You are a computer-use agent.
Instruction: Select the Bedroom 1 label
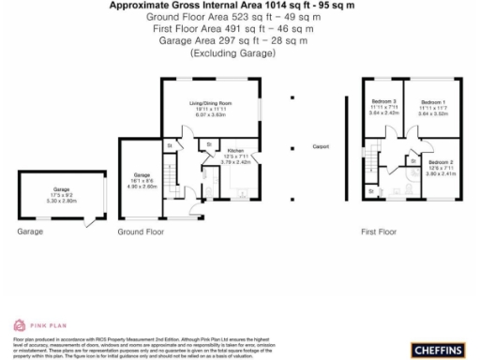[x=432, y=100]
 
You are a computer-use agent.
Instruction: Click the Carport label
[x=321, y=147]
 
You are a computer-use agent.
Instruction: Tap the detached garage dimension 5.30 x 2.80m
[x=61, y=201]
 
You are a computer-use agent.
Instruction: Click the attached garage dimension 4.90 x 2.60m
[x=142, y=186]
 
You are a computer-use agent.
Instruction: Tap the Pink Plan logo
[x=31, y=324]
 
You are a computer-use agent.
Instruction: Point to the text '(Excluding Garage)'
[x=239, y=54]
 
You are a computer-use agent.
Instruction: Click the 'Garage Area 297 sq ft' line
[x=239, y=42]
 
